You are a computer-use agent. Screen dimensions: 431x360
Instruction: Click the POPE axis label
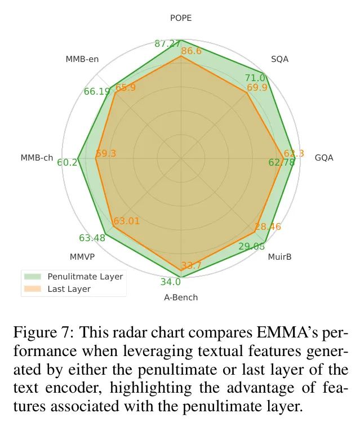pos(181,18)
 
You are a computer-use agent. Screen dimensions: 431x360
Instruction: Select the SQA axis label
pos(279,59)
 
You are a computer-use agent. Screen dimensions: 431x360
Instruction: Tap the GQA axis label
pos(324,158)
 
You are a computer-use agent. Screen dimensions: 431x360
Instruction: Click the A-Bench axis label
pos(181,297)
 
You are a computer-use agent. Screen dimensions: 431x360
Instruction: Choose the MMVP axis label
pos(82,257)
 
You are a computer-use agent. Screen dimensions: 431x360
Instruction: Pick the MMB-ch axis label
pos(38,158)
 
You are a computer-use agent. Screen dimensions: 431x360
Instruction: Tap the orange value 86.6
pos(191,52)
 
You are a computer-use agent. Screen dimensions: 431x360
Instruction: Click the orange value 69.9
pos(257,88)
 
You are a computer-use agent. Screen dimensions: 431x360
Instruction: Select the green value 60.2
pos(67,162)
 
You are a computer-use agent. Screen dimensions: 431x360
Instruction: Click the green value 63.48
pos(92,238)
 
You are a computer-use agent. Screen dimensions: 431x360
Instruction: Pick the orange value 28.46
pos(267,227)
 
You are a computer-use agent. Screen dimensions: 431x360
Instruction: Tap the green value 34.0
pos(170,282)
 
